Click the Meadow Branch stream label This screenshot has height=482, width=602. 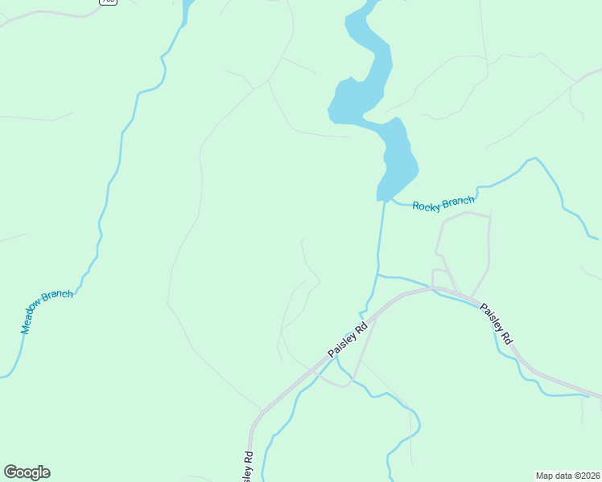[47, 311]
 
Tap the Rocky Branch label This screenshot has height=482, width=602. [443, 203]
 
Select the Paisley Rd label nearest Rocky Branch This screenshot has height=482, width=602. [496, 324]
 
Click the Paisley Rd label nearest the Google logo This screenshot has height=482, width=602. [248, 467]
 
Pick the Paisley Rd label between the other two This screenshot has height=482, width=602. [348, 341]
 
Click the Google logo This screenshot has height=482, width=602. [27, 472]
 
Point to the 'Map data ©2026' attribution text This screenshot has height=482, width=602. [567, 475]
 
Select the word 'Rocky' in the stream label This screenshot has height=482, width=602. [427, 206]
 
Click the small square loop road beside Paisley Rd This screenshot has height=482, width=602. [439, 277]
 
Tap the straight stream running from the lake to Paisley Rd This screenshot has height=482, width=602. [380, 241]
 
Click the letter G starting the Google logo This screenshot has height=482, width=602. [10, 472]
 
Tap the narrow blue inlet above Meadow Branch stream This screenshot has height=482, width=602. [187, 12]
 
